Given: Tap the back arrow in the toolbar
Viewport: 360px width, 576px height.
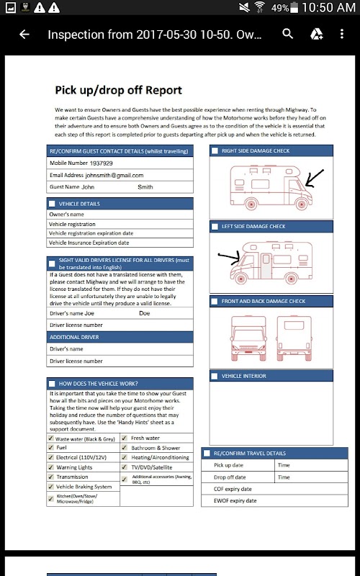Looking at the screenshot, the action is click(x=24, y=34).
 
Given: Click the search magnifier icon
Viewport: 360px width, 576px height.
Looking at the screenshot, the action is click(x=287, y=34).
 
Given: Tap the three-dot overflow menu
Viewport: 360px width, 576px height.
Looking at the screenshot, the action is click(x=341, y=34).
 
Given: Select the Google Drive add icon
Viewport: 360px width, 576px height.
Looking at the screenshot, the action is click(x=316, y=34).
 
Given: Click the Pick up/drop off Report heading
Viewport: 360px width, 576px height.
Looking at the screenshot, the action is click(x=118, y=91).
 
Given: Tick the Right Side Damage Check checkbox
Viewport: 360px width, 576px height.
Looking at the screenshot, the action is click(x=215, y=151).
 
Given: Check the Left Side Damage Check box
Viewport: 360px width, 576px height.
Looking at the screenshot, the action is click(x=215, y=227).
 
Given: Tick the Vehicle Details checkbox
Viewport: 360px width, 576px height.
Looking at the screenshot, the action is click(x=52, y=204).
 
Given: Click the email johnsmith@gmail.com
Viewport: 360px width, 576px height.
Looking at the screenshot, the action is click(x=114, y=175).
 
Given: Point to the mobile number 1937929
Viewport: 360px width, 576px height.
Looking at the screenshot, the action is click(x=101, y=163).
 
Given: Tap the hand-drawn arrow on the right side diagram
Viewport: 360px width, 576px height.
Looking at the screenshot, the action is click(x=315, y=178).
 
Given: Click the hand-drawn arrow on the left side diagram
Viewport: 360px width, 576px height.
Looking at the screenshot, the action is click(x=229, y=257).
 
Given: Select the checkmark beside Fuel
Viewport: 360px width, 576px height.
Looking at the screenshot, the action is click(x=50, y=447).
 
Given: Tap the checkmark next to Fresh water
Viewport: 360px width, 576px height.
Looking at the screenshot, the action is click(x=125, y=438).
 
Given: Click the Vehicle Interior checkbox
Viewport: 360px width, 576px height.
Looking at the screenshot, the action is click(x=215, y=376).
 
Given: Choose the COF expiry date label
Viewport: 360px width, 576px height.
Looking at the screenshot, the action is click(x=233, y=489).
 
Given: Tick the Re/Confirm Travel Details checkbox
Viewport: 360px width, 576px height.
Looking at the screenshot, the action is click(x=207, y=454).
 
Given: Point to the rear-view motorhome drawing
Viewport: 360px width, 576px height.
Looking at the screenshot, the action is click(x=294, y=338).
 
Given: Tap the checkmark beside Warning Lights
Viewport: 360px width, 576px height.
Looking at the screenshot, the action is click(x=50, y=467).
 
